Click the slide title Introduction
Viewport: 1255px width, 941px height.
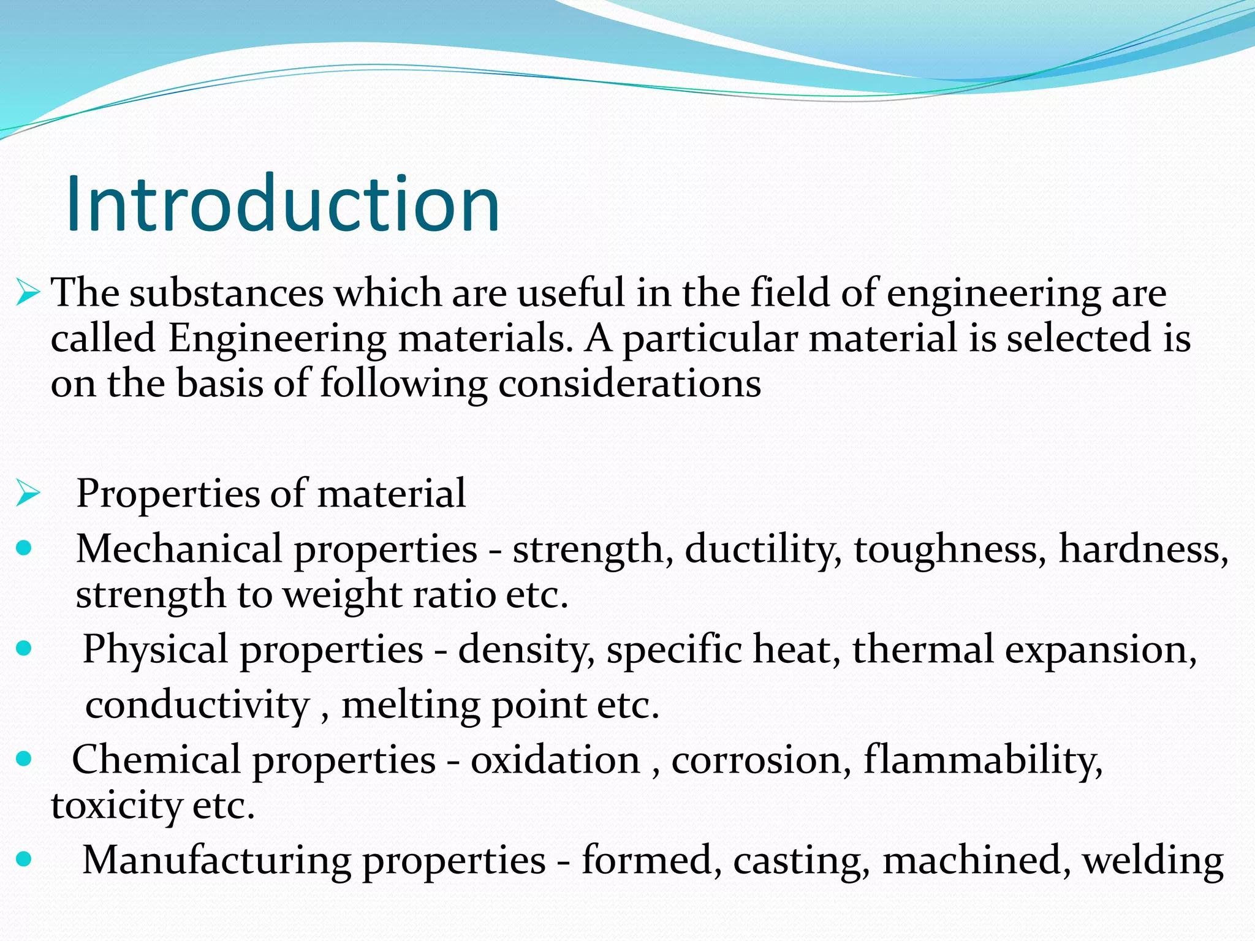(282, 203)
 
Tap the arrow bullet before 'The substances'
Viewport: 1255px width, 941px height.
(28, 292)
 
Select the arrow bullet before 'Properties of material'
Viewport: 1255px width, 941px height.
(28, 493)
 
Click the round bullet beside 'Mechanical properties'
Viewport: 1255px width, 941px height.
(24, 548)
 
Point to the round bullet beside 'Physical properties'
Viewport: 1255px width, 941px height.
(24, 648)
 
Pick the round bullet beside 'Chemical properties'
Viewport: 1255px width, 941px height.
(24, 760)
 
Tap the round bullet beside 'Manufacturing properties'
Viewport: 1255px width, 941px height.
(24, 860)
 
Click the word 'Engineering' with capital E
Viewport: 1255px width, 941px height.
(277, 339)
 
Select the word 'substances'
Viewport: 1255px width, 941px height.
(226, 293)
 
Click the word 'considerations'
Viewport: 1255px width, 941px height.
(629, 384)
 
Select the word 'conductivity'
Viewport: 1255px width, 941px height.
(197, 705)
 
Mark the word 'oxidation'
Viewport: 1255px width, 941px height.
(555, 760)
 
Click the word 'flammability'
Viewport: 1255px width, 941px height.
(983, 760)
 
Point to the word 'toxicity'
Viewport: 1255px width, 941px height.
(116, 806)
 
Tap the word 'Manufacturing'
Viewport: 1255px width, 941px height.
(216, 861)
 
